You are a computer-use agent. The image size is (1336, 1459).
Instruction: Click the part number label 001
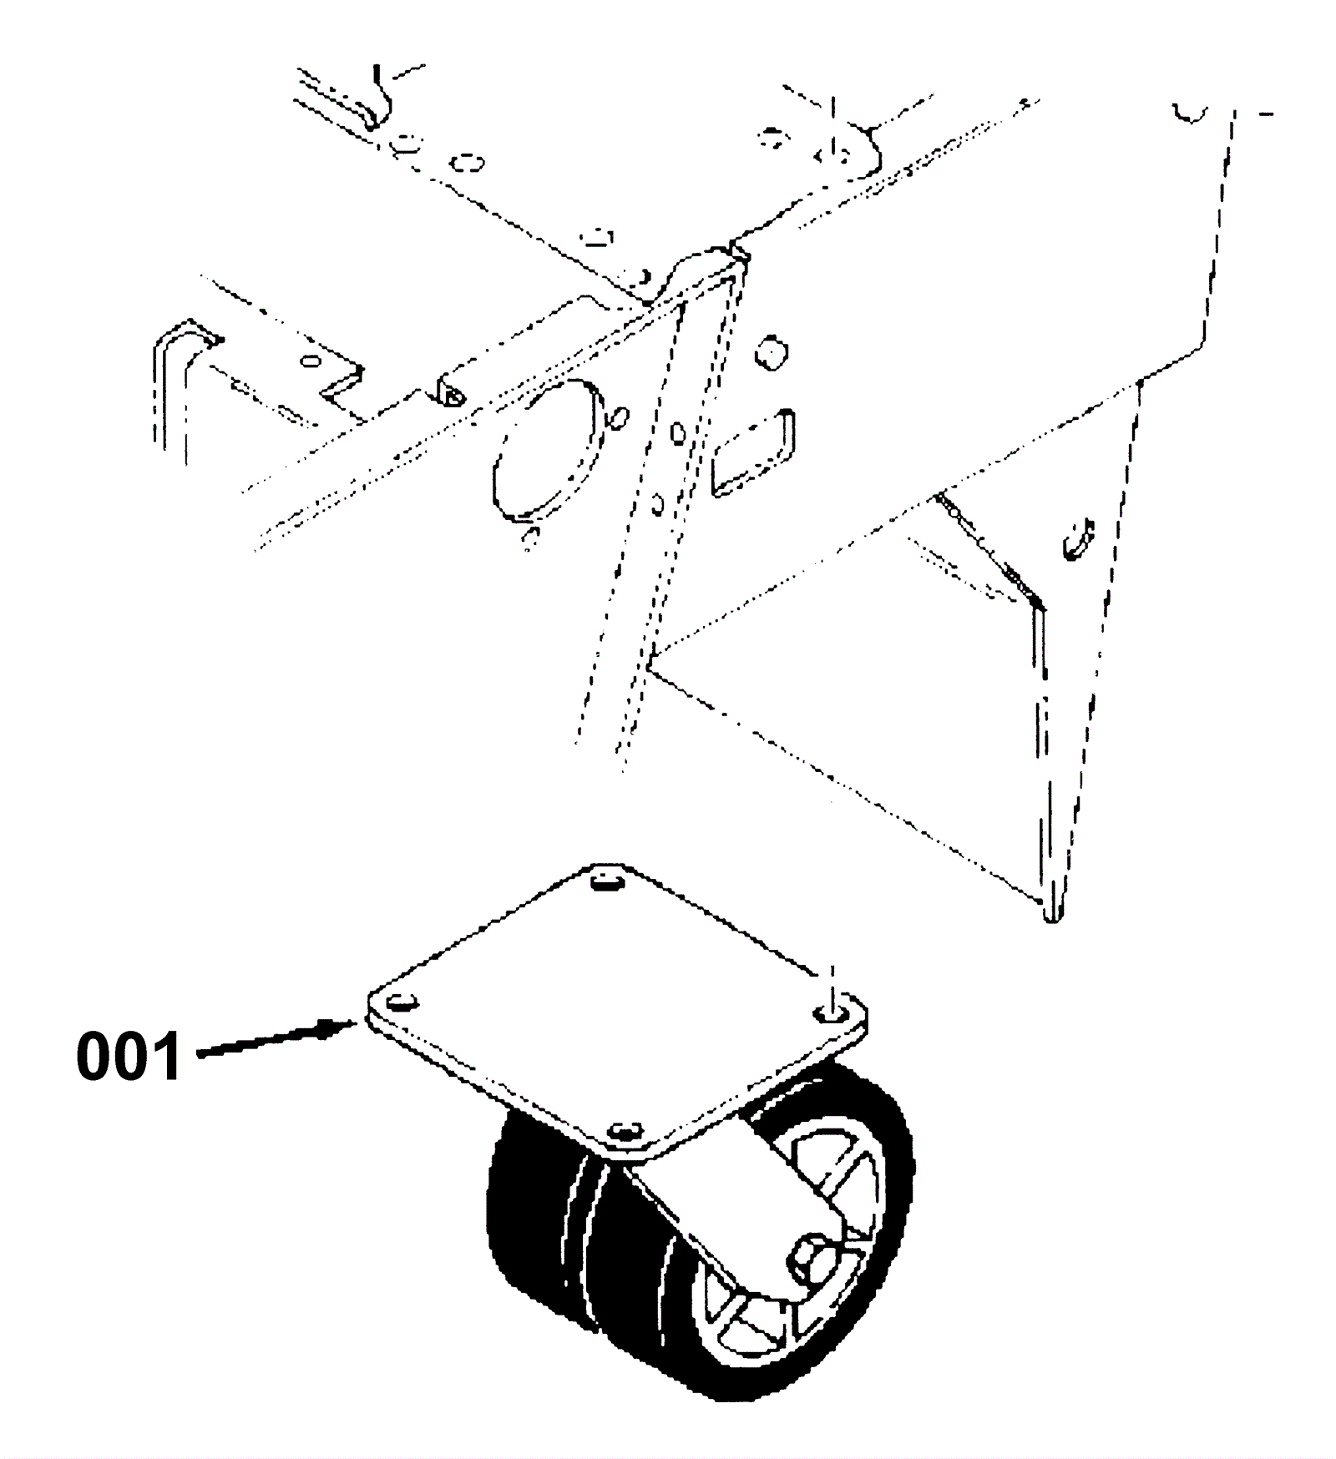(x=128, y=1056)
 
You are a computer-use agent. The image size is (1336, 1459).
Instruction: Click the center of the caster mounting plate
(x=618, y=1002)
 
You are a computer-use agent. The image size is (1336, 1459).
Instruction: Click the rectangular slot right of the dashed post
(x=751, y=452)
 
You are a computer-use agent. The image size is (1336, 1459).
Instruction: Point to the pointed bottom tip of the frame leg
(x=1052, y=914)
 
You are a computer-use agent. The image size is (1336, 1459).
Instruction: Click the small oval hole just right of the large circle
(x=619, y=417)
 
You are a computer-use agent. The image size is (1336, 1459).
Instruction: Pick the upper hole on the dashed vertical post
(x=678, y=432)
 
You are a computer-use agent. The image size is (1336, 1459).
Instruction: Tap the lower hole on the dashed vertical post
(x=657, y=503)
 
